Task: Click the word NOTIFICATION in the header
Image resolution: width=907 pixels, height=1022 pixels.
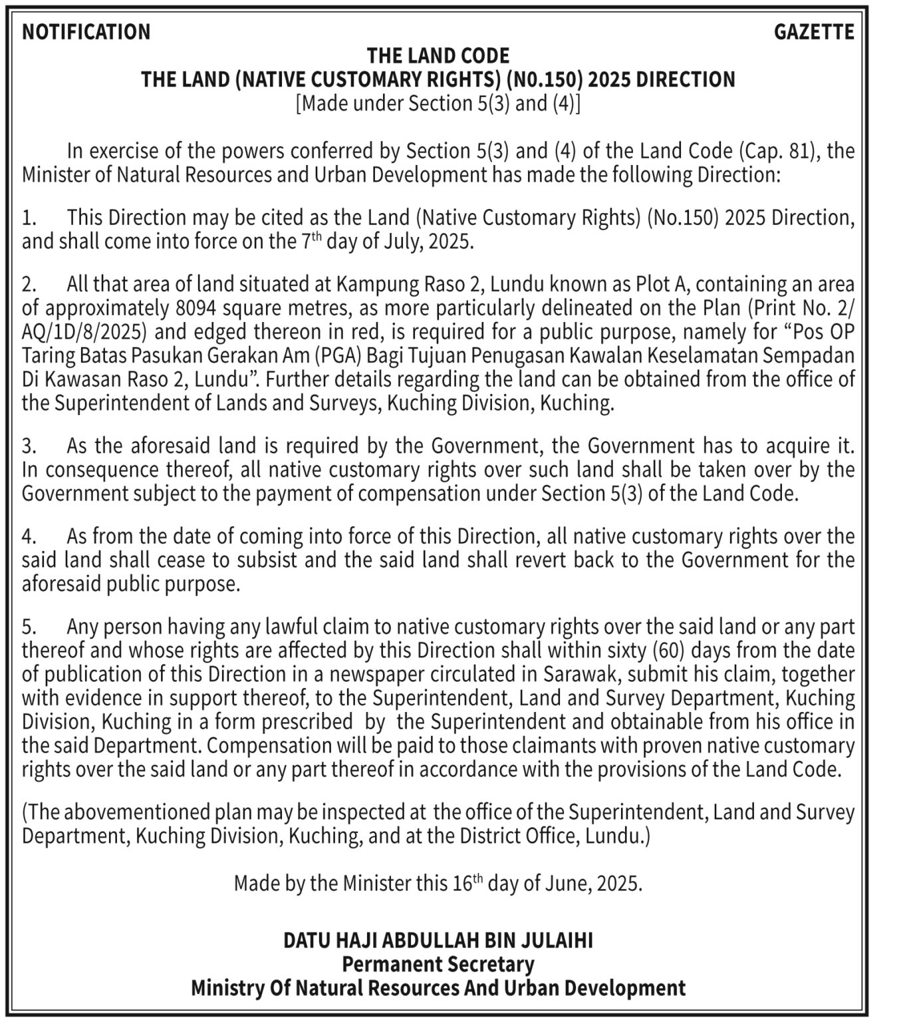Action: (x=86, y=32)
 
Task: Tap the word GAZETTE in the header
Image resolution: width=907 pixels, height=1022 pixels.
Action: (x=814, y=32)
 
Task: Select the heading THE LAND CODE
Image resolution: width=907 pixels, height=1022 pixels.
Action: (x=438, y=55)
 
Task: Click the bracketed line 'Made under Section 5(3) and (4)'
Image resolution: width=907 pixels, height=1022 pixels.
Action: (x=438, y=103)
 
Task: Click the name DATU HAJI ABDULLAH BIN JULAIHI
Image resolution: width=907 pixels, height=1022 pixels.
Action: (x=438, y=940)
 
